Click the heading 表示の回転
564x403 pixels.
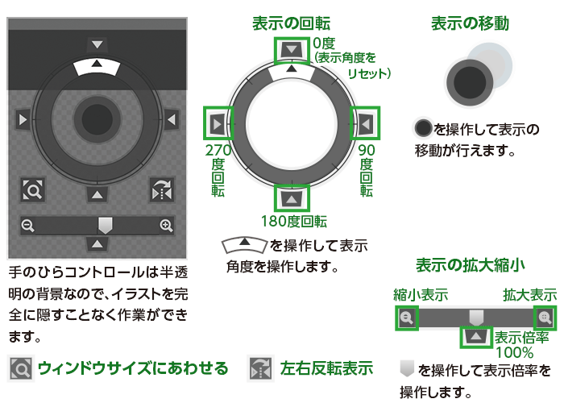pyautogui.click(x=291, y=23)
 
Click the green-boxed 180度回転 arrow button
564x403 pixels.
pyautogui.click(x=292, y=197)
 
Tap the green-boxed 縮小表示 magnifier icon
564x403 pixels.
pyautogui.click(x=406, y=318)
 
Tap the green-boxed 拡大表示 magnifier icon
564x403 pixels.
pyautogui.click(x=545, y=318)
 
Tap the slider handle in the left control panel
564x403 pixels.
pyautogui.click(x=104, y=224)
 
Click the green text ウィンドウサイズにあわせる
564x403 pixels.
pyautogui.click(x=133, y=368)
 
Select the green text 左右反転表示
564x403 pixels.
pyautogui.click(x=326, y=368)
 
